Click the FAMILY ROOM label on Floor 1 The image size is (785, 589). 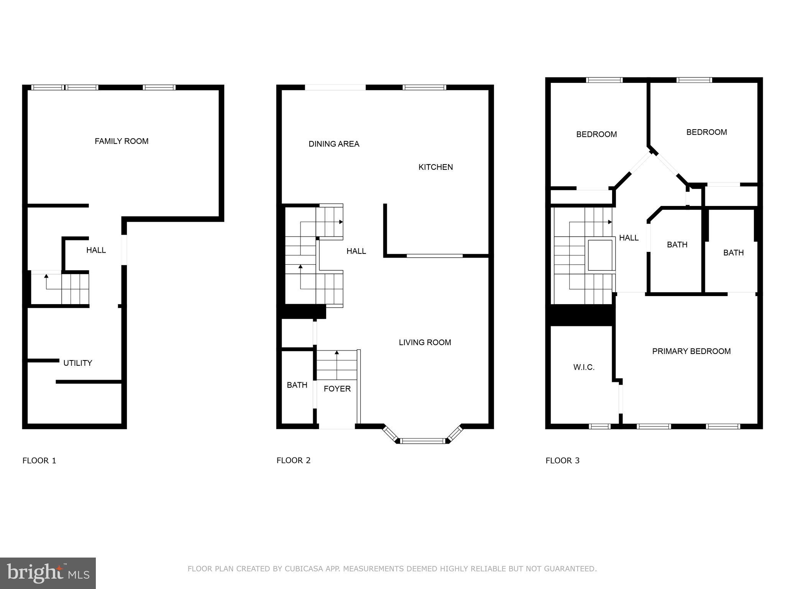coord(122,141)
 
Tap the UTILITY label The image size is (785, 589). coord(77,363)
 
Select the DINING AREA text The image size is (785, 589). coord(334,144)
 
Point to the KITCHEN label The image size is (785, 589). coord(435,167)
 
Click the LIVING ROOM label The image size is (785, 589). coord(425,342)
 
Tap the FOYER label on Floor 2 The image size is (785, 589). coord(337,388)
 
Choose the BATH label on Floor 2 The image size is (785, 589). coord(297,385)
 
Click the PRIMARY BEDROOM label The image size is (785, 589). coord(691,351)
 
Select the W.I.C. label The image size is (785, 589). coord(584,367)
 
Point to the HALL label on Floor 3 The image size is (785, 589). coord(629,238)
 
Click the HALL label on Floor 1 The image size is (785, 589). coord(96,250)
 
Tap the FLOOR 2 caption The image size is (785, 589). coord(293,460)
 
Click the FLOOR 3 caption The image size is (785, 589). coord(562,460)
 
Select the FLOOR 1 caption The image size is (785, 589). coord(39,460)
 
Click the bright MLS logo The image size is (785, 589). coord(48,573)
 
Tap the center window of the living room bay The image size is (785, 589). coord(423,441)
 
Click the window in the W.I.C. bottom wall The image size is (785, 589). coord(599,426)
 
